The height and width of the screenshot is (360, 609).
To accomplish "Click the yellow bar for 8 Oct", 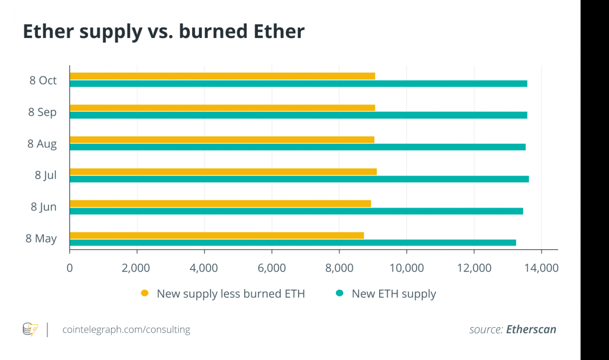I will [222, 76].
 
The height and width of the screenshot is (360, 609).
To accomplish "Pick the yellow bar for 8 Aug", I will [222, 139].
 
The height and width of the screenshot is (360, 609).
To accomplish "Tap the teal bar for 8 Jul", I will [299, 179].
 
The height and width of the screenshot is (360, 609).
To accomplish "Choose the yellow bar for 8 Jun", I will [220, 204].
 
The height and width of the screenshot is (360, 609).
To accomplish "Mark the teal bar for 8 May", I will [293, 243].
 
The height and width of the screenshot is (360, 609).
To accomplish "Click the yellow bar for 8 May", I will [216, 235].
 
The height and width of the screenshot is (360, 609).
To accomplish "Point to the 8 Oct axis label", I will [43, 80].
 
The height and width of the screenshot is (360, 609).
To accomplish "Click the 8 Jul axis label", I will [46, 175].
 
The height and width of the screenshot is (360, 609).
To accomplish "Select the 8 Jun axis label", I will [44, 207].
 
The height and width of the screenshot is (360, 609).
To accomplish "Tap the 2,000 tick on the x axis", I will [136, 268].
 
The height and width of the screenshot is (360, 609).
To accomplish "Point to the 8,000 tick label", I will [339, 268].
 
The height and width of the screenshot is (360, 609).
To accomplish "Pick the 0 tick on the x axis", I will [70, 268].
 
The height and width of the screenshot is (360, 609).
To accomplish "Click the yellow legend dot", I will [145, 293].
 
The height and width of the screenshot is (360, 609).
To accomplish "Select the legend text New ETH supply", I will [393, 294].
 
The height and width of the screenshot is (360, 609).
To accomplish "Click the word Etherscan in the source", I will [531, 330].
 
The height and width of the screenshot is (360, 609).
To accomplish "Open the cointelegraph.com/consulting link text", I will [126, 330].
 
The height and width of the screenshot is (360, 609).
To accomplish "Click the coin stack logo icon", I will [30, 329].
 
